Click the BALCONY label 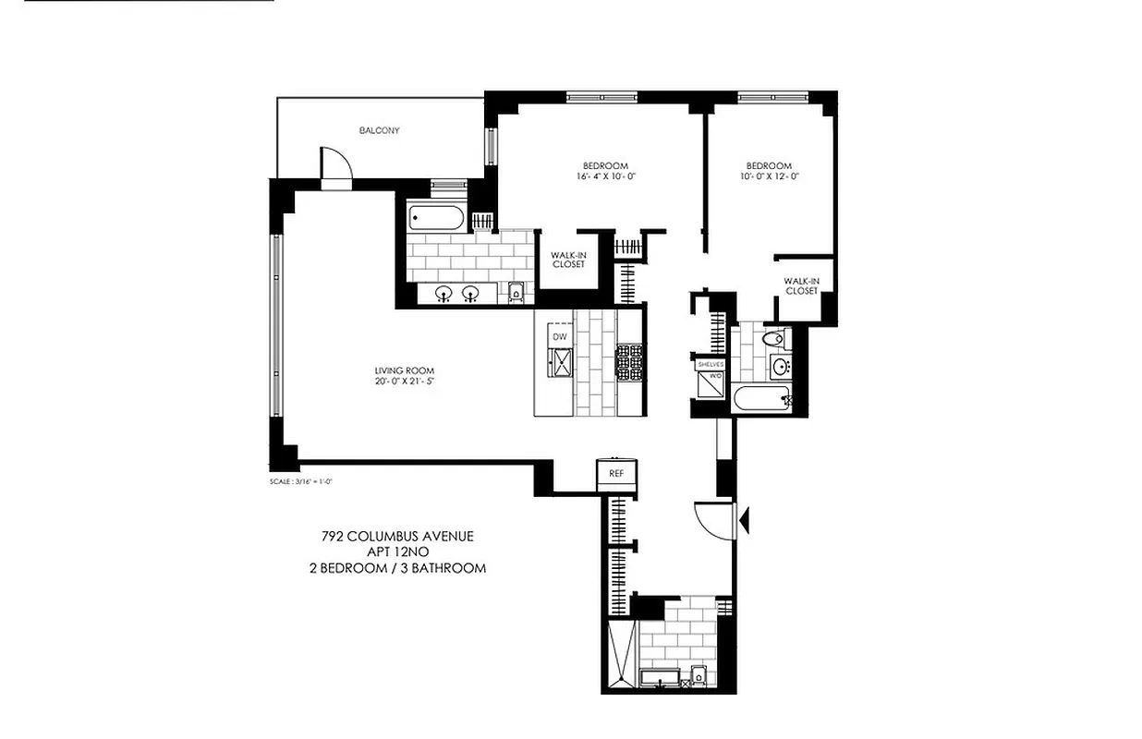(x=379, y=130)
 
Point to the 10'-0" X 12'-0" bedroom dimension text (x=769, y=176)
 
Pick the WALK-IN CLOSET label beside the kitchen (x=568, y=260)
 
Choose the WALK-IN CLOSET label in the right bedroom (x=801, y=285)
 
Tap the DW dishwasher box (x=559, y=336)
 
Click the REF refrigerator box (x=616, y=473)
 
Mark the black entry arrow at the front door (x=742, y=518)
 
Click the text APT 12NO (x=397, y=551)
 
